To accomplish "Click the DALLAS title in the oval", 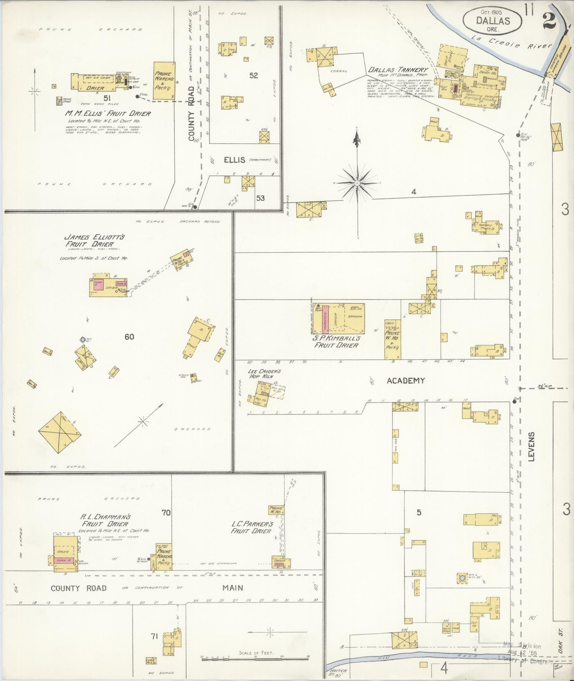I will pos(493,21).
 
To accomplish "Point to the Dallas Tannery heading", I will pos(398,70).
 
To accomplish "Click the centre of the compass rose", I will pos(357,183).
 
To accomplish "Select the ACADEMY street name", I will pos(406,381).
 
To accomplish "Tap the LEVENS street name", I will pos(531,447).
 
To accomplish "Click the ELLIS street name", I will pos(234,160).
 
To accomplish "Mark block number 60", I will pos(129,337).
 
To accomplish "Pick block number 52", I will pos(253,75).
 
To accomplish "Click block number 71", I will pos(154,636).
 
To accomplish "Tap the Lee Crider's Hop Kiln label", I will pos(264,374).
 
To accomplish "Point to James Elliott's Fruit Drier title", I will pos(95,240).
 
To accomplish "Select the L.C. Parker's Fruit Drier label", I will pos(252,527).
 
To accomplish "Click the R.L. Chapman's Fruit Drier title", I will pos(105,520).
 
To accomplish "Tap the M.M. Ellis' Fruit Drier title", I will pos(108,114).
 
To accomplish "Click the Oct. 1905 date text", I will pos(492,12).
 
